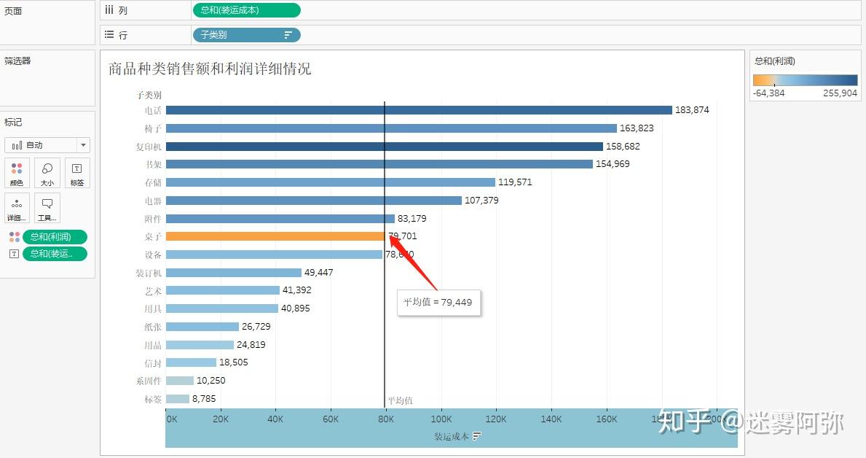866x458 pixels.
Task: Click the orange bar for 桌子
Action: coord(275,236)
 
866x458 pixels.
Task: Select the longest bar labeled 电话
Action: coord(418,110)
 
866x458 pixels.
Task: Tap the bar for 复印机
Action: coord(384,146)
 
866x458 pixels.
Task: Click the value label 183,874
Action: coord(692,110)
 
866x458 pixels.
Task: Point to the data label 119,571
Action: coord(515,182)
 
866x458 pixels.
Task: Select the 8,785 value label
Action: coord(204,399)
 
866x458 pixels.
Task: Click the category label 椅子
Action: coord(153,128)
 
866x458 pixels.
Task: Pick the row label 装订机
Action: coord(149,273)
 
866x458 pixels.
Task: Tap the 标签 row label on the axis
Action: coord(153,399)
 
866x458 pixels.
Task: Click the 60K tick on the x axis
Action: coord(331,419)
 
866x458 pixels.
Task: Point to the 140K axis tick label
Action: coord(551,419)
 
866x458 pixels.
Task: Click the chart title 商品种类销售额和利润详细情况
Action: coord(210,69)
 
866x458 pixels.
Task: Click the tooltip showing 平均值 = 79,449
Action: coord(438,302)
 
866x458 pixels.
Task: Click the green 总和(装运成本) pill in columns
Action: coord(246,10)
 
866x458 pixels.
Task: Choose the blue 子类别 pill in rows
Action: coord(245,35)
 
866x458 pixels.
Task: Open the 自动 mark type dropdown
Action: coord(47,145)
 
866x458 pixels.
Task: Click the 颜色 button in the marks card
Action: coord(16,173)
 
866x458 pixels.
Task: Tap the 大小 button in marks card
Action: coord(47,173)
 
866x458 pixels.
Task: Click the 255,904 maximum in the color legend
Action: coord(840,93)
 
